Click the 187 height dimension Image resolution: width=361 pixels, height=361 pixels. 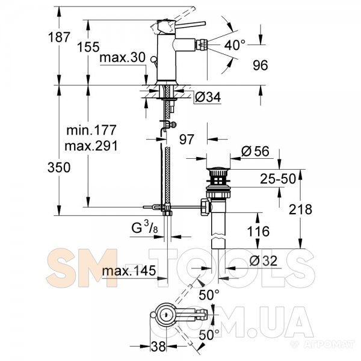click(59, 37)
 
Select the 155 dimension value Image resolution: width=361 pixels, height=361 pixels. click(88, 47)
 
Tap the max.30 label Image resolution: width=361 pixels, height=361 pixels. click(123, 57)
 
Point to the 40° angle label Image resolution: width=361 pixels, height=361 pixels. click(235, 45)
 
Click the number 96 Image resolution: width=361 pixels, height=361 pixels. click(261, 66)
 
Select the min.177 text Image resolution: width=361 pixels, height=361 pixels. click(91, 131)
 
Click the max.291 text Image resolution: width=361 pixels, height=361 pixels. click(91, 146)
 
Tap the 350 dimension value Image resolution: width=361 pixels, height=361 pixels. click(59, 167)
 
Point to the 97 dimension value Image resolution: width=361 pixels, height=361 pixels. click(187, 140)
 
